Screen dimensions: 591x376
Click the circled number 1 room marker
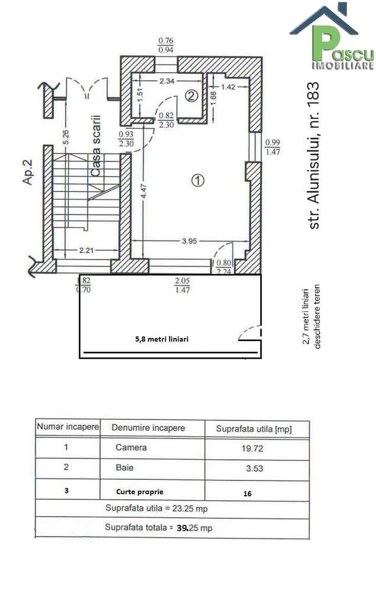pyautogui.click(x=198, y=180)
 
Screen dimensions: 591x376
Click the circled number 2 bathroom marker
pyautogui.click(x=190, y=95)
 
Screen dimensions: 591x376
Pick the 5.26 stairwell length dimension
pyautogui.click(x=66, y=137)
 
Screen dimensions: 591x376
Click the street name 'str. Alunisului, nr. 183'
pyautogui.click(x=315, y=155)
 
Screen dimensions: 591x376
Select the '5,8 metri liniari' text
pyautogui.click(x=162, y=339)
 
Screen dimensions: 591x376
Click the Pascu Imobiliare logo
pyautogui.click(x=330, y=37)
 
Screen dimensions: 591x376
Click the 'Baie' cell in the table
pyautogui.click(x=125, y=467)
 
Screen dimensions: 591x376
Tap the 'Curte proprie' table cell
pyautogui.click(x=140, y=491)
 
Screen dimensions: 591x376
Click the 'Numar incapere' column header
pyautogui.click(x=67, y=426)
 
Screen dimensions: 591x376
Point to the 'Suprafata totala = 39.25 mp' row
pyautogui.click(x=158, y=528)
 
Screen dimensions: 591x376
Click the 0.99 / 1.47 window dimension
pyautogui.click(x=273, y=147)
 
